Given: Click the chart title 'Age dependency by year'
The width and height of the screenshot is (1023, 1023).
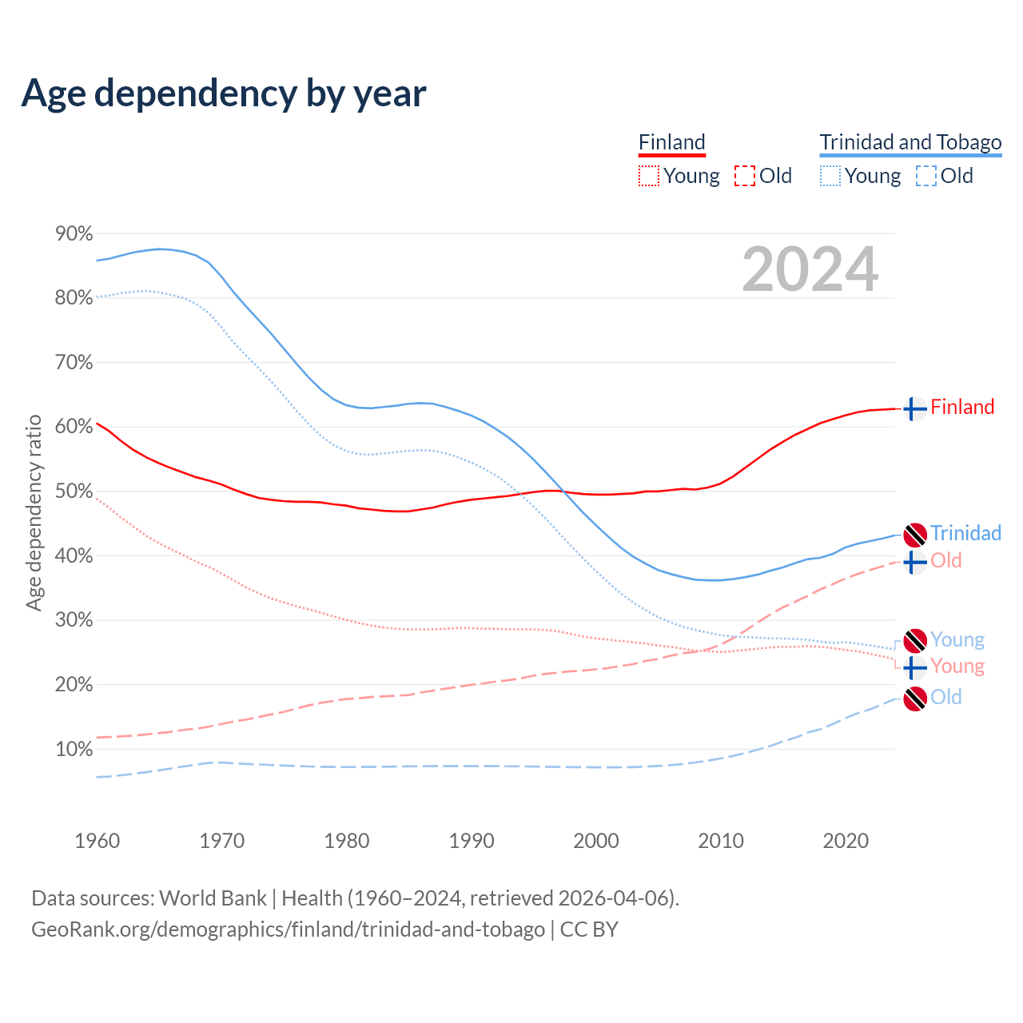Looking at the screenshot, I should [x=224, y=94].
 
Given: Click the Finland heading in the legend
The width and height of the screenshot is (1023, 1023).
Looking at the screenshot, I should [x=672, y=142].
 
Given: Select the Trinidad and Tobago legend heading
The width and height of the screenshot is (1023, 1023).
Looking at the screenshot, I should [x=910, y=142].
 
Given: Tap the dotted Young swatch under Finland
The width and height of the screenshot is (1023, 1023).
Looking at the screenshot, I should [x=649, y=176].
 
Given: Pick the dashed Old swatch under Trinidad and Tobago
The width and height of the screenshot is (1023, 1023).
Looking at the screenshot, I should [x=926, y=176].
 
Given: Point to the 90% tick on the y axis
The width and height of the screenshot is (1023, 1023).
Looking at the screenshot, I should [x=74, y=233].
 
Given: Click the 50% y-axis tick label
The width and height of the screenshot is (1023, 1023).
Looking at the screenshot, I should [x=74, y=491].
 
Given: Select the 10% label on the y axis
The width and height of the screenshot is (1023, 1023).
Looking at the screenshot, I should [x=74, y=749].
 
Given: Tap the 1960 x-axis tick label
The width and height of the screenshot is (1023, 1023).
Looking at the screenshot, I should [x=97, y=841].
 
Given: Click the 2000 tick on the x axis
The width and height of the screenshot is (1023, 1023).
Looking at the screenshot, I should [x=596, y=841].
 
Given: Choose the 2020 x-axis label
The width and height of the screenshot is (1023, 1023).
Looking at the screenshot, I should [x=846, y=841].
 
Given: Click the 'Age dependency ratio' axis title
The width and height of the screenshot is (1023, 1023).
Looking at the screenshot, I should [x=34, y=512].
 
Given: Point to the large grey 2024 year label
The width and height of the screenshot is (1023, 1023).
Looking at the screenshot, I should [x=810, y=269].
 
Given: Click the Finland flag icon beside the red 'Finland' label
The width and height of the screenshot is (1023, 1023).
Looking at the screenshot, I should [x=914, y=408].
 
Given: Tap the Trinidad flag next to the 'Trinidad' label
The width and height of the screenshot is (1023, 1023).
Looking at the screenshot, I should [x=914, y=535].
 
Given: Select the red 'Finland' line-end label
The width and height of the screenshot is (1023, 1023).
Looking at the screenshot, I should [x=962, y=407].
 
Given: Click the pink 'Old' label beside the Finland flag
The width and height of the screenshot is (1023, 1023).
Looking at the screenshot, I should [x=946, y=560].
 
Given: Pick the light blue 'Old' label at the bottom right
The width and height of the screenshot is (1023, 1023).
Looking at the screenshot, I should [x=946, y=697].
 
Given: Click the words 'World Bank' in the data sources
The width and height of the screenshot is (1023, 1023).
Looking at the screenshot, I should [x=213, y=898].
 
